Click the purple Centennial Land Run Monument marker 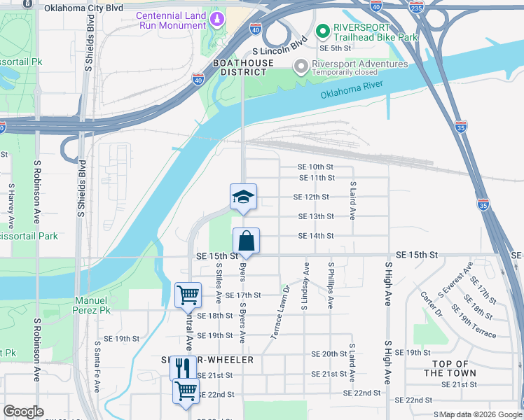click(217, 17)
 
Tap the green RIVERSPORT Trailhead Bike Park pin click(322, 31)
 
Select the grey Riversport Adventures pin click(301, 66)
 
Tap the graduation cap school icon click(243, 196)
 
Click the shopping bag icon click(247, 241)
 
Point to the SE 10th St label click(315, 167)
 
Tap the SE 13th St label click(316, 216)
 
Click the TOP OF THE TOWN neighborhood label click(450, 368)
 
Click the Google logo click(23, 412)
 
